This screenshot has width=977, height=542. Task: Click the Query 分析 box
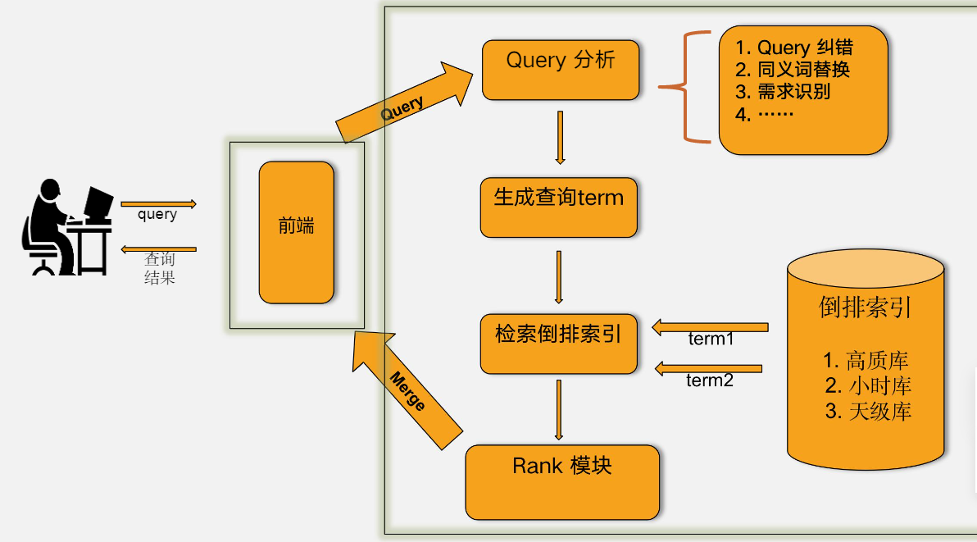(x=561, y=70)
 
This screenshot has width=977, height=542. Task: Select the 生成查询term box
(x=558, y=207)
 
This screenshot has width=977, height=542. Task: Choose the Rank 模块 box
(x=562, y=481)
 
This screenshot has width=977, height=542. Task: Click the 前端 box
(x=296, y=232)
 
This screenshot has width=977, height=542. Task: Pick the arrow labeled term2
(x=708, y=369)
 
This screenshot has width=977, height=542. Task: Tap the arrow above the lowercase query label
(x=158, y=203)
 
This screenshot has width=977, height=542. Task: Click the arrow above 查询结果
(x=158, y=248)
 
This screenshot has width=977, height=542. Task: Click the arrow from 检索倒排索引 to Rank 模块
(x=559, y=409)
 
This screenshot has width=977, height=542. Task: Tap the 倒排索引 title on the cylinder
(x=866, y=307)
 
